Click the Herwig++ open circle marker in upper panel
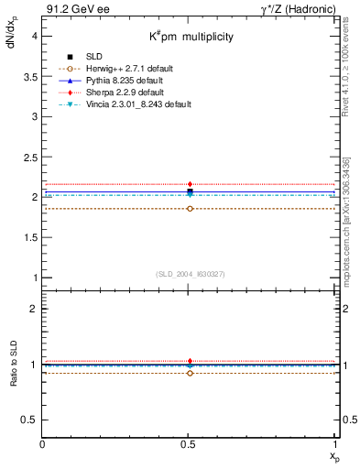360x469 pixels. click(190, 209)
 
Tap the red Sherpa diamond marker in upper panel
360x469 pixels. click(190, 184)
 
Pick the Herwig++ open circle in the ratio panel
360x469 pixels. click(190, 373)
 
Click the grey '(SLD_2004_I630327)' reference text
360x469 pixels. click(190, 274)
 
